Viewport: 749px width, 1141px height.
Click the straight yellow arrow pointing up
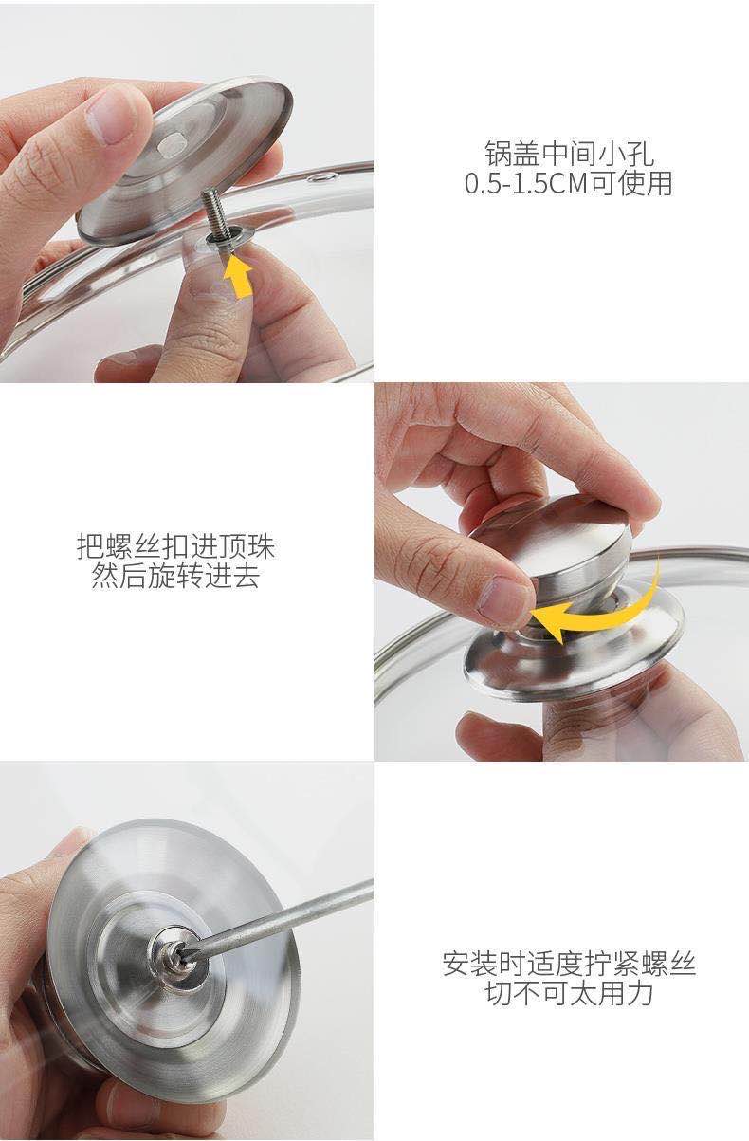[x=239, y=278]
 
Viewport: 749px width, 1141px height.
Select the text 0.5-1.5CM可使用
[x=568, y=183]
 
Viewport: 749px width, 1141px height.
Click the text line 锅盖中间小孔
[x=569, y=153]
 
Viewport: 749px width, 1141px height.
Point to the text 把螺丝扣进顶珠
[x=175, y=546]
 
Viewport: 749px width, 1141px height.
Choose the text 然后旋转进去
[x=175, y=576]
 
